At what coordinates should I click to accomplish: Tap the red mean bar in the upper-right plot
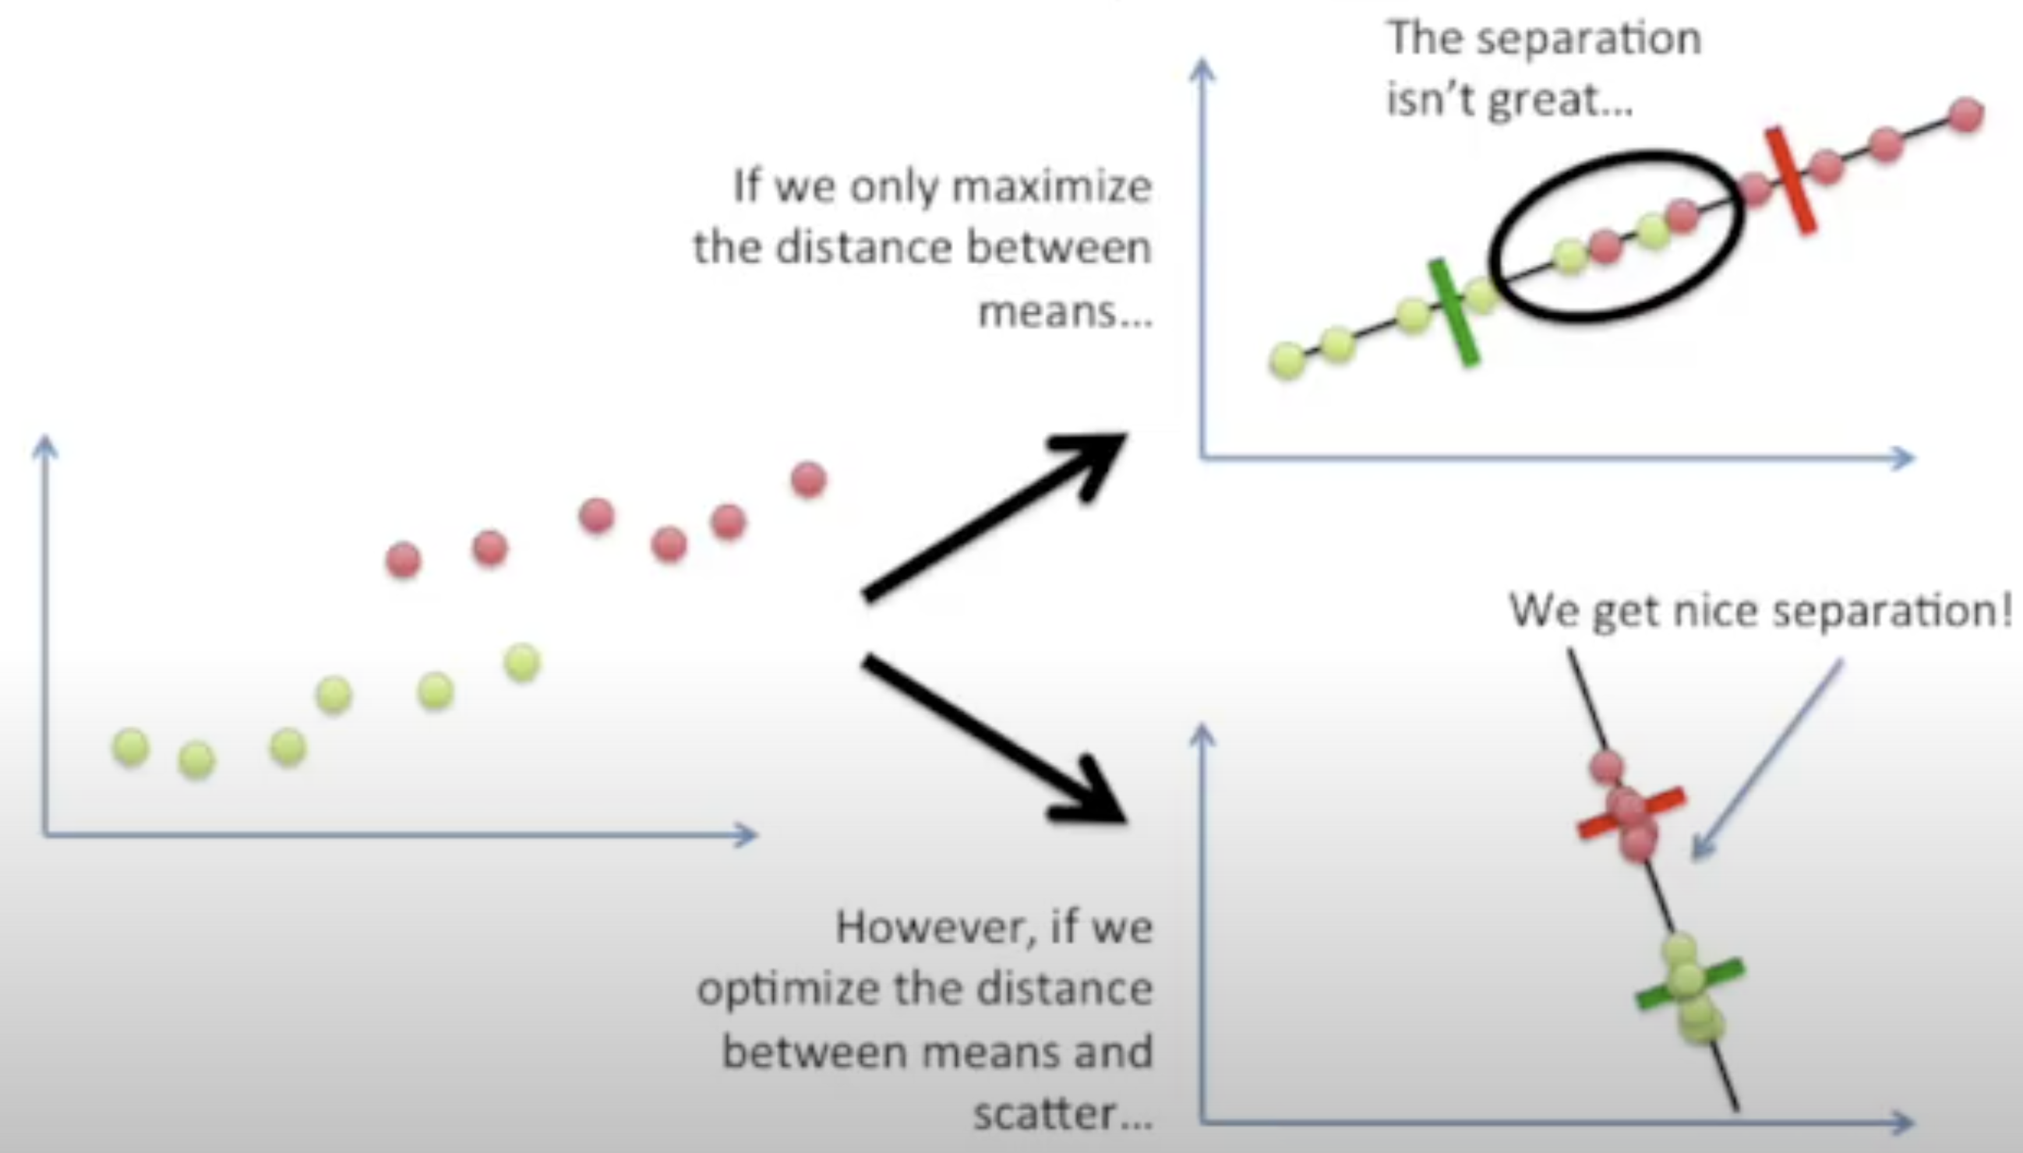[x=1789, y=181]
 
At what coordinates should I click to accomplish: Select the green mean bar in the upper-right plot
[x=1453, y=314]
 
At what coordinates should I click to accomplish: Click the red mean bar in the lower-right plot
[x=1632, y=813]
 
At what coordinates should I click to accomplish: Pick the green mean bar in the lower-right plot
[x=1689, y=984]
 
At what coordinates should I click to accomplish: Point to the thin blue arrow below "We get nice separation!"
[x=1767, y=760]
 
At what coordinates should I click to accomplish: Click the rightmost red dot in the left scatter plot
[x=808, y=480]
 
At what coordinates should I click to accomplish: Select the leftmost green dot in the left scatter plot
[x=132, y=747]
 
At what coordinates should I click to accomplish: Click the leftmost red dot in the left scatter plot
[x=403, y=560]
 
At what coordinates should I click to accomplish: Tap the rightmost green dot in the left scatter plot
[x=522, y=662]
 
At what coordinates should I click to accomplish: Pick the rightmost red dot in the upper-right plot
[x=1965, y=115]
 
